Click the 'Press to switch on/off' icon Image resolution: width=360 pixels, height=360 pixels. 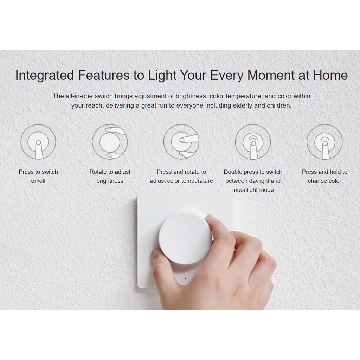click(38, 142)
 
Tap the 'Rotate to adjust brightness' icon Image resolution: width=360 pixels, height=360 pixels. click(110, 142)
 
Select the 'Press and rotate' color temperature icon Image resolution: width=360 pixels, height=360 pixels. click(181, 142)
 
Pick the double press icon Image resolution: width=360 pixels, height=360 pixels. click(253, 142)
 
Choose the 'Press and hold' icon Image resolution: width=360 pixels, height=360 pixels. click(324, 142)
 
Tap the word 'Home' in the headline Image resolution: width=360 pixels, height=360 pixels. click(330, 75)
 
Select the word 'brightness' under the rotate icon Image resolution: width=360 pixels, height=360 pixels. click(110, 181)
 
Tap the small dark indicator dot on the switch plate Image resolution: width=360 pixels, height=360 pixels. click(185, 279)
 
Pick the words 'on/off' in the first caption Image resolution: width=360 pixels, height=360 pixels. click(38, 181)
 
